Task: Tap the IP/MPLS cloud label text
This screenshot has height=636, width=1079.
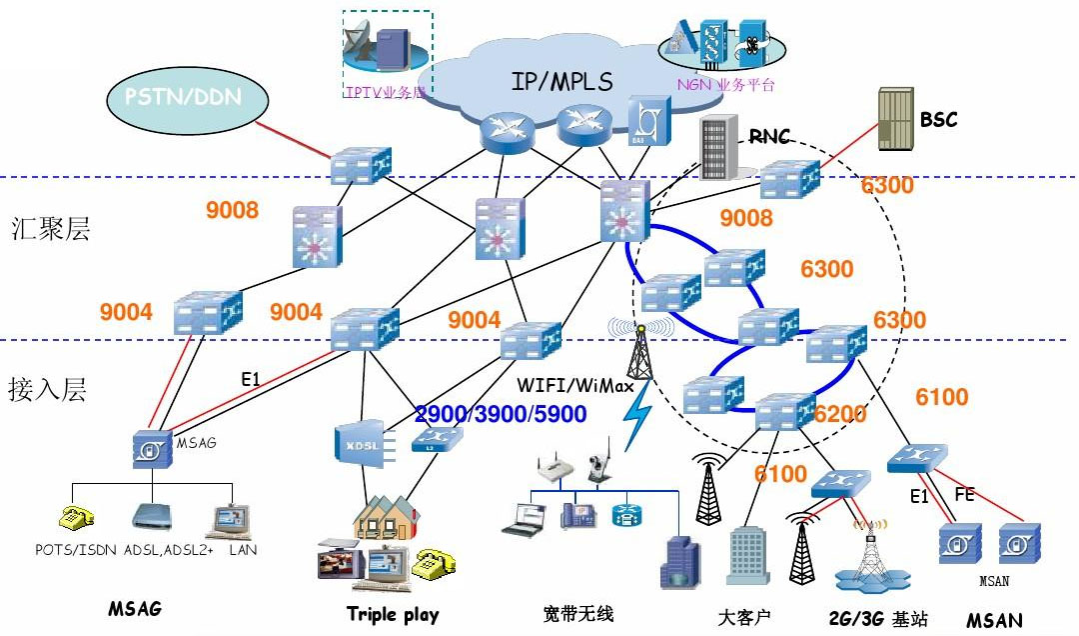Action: click(x=561, y=81)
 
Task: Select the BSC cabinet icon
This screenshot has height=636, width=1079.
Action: click(x=894, y=120)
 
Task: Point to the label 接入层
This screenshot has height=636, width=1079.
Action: click(x=47, y=388)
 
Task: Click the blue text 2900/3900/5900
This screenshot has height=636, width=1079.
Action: click(x=501, y=414)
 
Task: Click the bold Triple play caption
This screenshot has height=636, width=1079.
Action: click(x=393, y=613)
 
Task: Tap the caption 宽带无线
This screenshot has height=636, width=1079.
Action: click(x=578, y=612)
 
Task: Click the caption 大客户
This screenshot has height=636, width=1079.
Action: click(x=744, y=616)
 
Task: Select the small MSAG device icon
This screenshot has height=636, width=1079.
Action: click(x=152, y=450)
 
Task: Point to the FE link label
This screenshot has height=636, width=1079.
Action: click(x=964, y=494)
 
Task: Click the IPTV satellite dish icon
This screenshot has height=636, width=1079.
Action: click(x=361, y=43)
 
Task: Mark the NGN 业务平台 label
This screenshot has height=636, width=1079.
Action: click(x=725, y=85)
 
